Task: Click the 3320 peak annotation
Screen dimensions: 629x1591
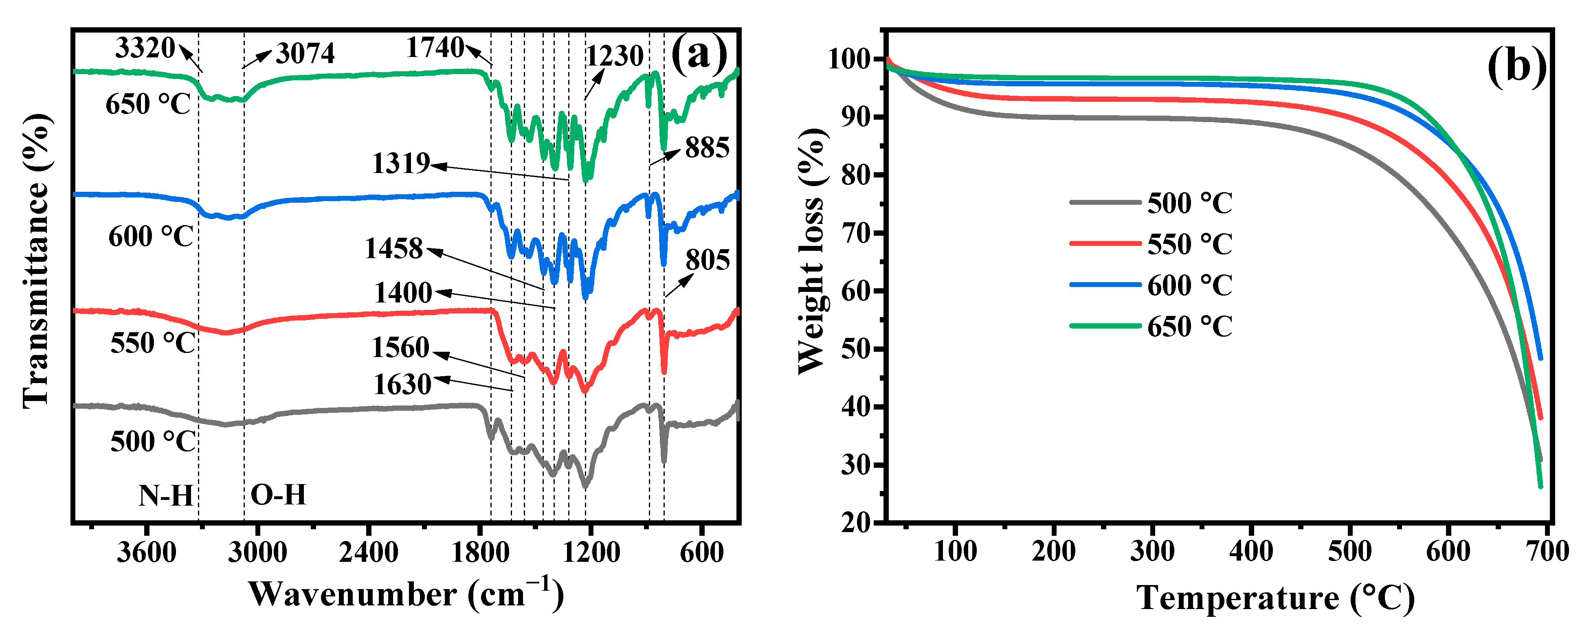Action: [145, 48]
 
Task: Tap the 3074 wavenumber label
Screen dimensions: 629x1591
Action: [305, 54]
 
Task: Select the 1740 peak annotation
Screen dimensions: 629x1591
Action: [435, 48]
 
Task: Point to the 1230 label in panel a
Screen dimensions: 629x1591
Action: [615, 56]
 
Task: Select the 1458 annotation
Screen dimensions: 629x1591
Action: [393, 249]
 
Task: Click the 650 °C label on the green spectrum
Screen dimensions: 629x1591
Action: [148, 104]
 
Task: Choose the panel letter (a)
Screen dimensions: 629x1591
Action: [699, 54]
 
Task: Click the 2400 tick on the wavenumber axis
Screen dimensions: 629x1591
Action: [369, 552]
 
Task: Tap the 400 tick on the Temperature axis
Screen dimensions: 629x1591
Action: [1251, 550]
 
